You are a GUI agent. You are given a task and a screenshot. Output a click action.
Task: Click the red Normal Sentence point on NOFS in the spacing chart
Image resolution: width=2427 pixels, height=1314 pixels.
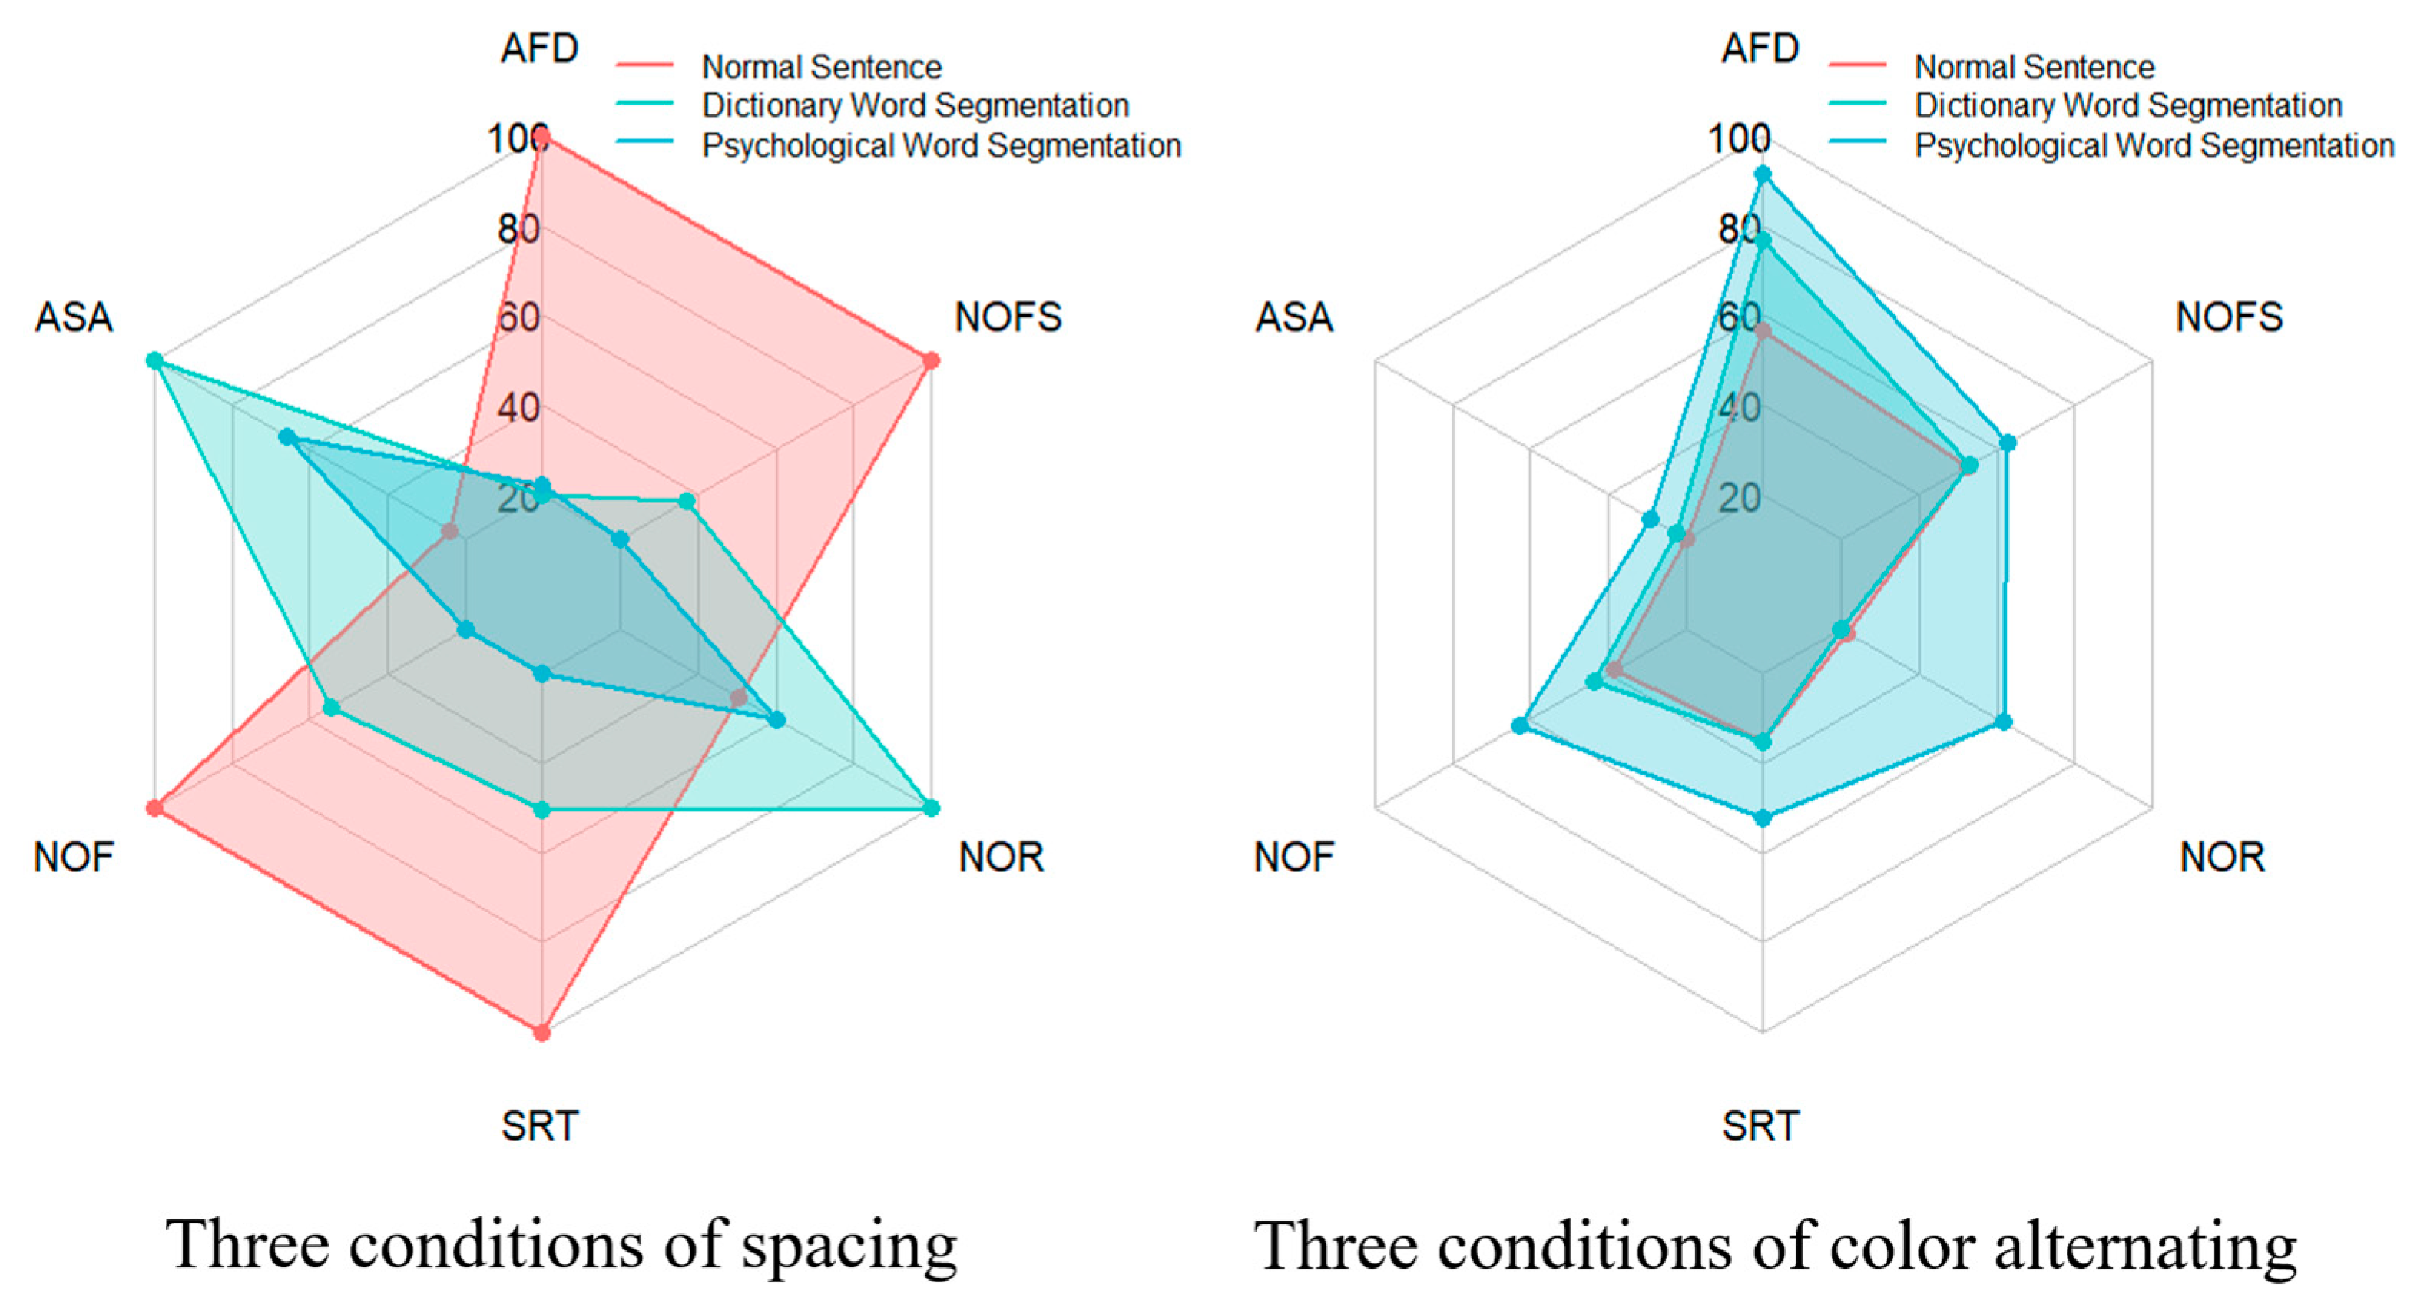click(931, 361)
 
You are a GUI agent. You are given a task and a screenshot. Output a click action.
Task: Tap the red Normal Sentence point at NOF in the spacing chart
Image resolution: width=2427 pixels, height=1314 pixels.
click(155, 808)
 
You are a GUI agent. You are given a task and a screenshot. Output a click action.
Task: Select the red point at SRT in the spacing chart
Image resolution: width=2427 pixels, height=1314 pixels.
click(541, 1032)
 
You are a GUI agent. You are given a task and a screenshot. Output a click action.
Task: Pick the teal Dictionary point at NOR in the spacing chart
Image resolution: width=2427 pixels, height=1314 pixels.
click(931, 808)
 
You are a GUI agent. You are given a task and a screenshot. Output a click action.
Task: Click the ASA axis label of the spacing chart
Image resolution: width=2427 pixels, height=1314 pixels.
click(74, 317)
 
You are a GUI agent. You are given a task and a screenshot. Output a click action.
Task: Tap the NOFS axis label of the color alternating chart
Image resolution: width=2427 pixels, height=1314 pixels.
click(2229, 317)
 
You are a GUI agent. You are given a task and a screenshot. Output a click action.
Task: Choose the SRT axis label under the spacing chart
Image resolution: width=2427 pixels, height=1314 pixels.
click(540, 1126)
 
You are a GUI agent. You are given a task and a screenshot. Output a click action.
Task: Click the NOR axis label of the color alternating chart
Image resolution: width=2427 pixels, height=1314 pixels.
click(2222, 858)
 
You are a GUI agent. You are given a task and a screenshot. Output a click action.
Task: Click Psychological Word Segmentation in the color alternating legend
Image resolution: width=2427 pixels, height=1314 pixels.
click(2154, 145)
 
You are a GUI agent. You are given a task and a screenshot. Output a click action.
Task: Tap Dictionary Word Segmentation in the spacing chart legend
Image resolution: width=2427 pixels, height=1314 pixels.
click(915, 105)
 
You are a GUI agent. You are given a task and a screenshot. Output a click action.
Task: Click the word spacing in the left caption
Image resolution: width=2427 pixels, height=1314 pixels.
click(849, 1246)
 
